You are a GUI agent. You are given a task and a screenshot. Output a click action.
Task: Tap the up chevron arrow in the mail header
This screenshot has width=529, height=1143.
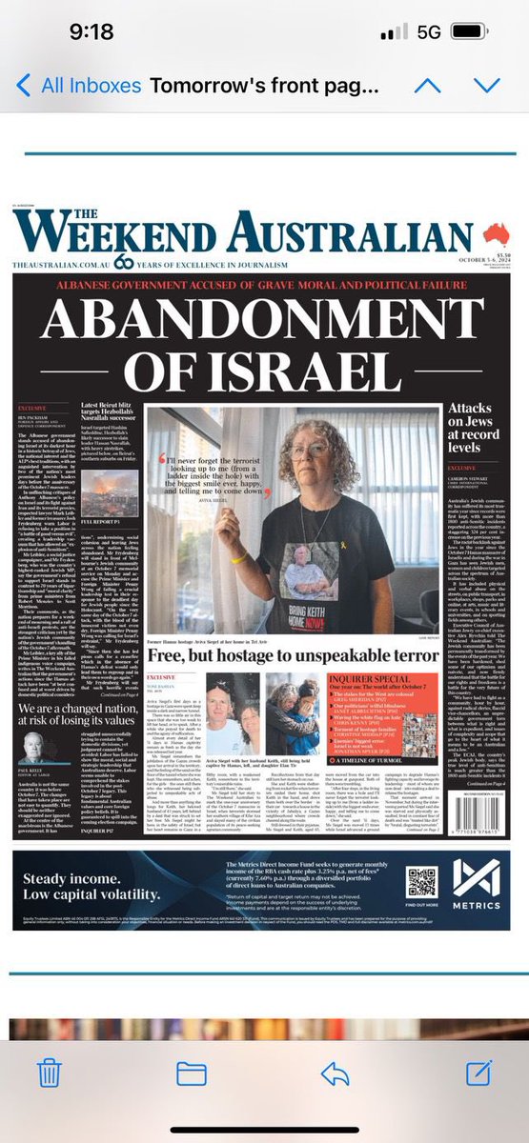(427, 87)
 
